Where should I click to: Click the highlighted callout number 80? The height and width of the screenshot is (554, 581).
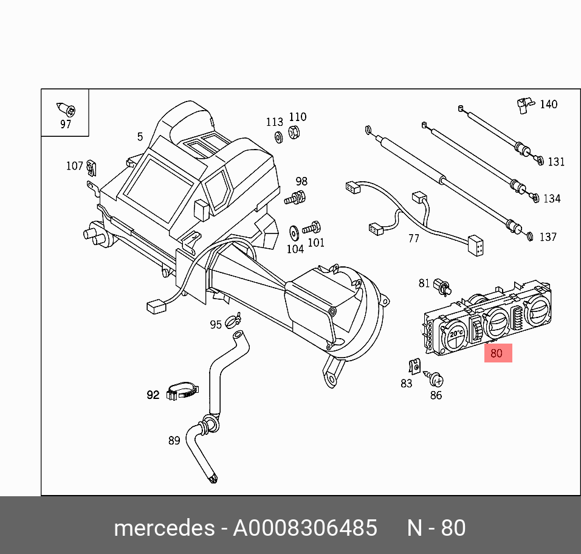coord(497,353)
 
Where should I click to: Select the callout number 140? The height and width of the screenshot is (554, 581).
coord(548,105)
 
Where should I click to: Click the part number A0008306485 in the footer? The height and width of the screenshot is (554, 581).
coord(305,528)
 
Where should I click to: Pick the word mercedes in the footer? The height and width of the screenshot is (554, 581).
coord(164,528)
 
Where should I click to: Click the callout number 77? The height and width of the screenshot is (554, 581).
coord(413,238)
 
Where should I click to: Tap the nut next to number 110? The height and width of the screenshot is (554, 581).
coord(294,132)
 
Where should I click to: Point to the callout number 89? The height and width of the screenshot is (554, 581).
coord(174,440)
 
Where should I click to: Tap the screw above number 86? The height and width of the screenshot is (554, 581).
coord(435,379)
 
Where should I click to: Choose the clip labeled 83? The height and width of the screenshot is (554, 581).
coord(413,367)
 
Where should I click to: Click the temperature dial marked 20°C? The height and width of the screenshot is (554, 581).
coord(453,336)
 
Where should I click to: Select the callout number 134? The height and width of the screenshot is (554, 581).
coord(552,199)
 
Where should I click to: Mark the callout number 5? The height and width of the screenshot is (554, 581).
coord(140,137)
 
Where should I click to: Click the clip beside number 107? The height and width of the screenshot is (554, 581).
coord(91,165)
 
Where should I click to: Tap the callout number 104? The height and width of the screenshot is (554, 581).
coord(295,249)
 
